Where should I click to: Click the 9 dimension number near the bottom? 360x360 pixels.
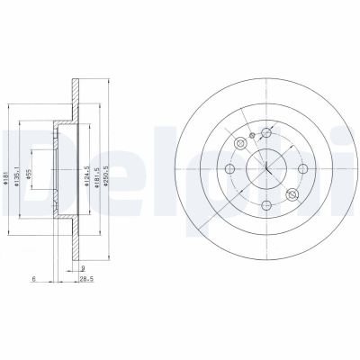pyautogui.click(x=82, y=268)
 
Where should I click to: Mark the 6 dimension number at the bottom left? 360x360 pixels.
pyautogui.click(x=33, y=281)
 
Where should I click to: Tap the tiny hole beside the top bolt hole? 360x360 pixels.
pyautogui.click(x=255, y=137)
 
